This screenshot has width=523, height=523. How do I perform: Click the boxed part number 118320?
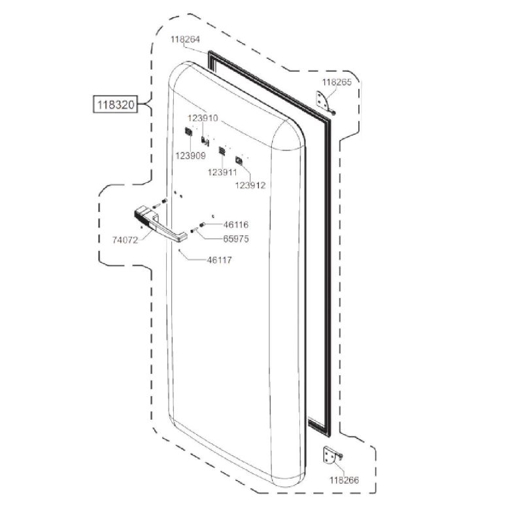click(116, 105)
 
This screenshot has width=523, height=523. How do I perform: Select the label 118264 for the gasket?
click(186, 39)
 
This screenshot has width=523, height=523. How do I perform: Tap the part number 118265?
click(337, 82)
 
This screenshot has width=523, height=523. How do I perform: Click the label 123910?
click(203, 118)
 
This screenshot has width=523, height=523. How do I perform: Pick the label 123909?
click(190, 156)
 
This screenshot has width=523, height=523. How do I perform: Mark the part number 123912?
click(250, 185)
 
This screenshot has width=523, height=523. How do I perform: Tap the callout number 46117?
click(219, 260)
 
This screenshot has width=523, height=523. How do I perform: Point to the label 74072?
click(126, 240)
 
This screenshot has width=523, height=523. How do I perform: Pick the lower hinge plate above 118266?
click(333, 455)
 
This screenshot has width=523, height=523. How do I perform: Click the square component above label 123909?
click(188, 133)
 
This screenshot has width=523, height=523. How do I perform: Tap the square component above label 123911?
click(222, 151)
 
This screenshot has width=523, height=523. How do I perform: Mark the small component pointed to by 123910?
click(204, 141)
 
